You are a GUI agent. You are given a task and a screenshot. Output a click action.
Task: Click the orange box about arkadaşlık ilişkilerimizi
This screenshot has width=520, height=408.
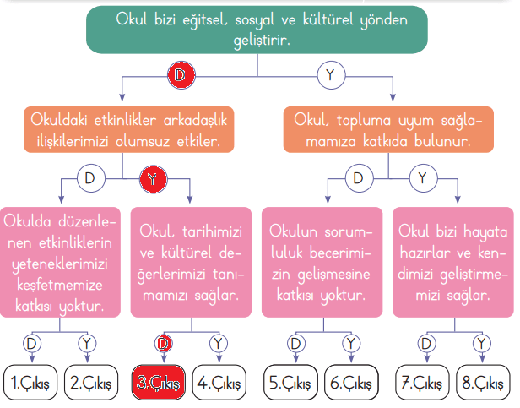[127, 129]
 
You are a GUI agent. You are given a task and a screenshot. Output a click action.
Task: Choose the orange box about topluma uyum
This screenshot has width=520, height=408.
[387, 129]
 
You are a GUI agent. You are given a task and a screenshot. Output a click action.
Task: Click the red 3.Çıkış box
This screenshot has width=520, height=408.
[158, 382]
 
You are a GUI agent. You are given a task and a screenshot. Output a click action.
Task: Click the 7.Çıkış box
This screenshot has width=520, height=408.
[421, 382]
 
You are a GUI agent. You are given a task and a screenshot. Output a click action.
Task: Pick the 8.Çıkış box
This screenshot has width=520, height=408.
[483, 382]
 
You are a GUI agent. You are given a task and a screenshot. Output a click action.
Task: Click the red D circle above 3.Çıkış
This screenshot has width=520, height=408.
[164, 343]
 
